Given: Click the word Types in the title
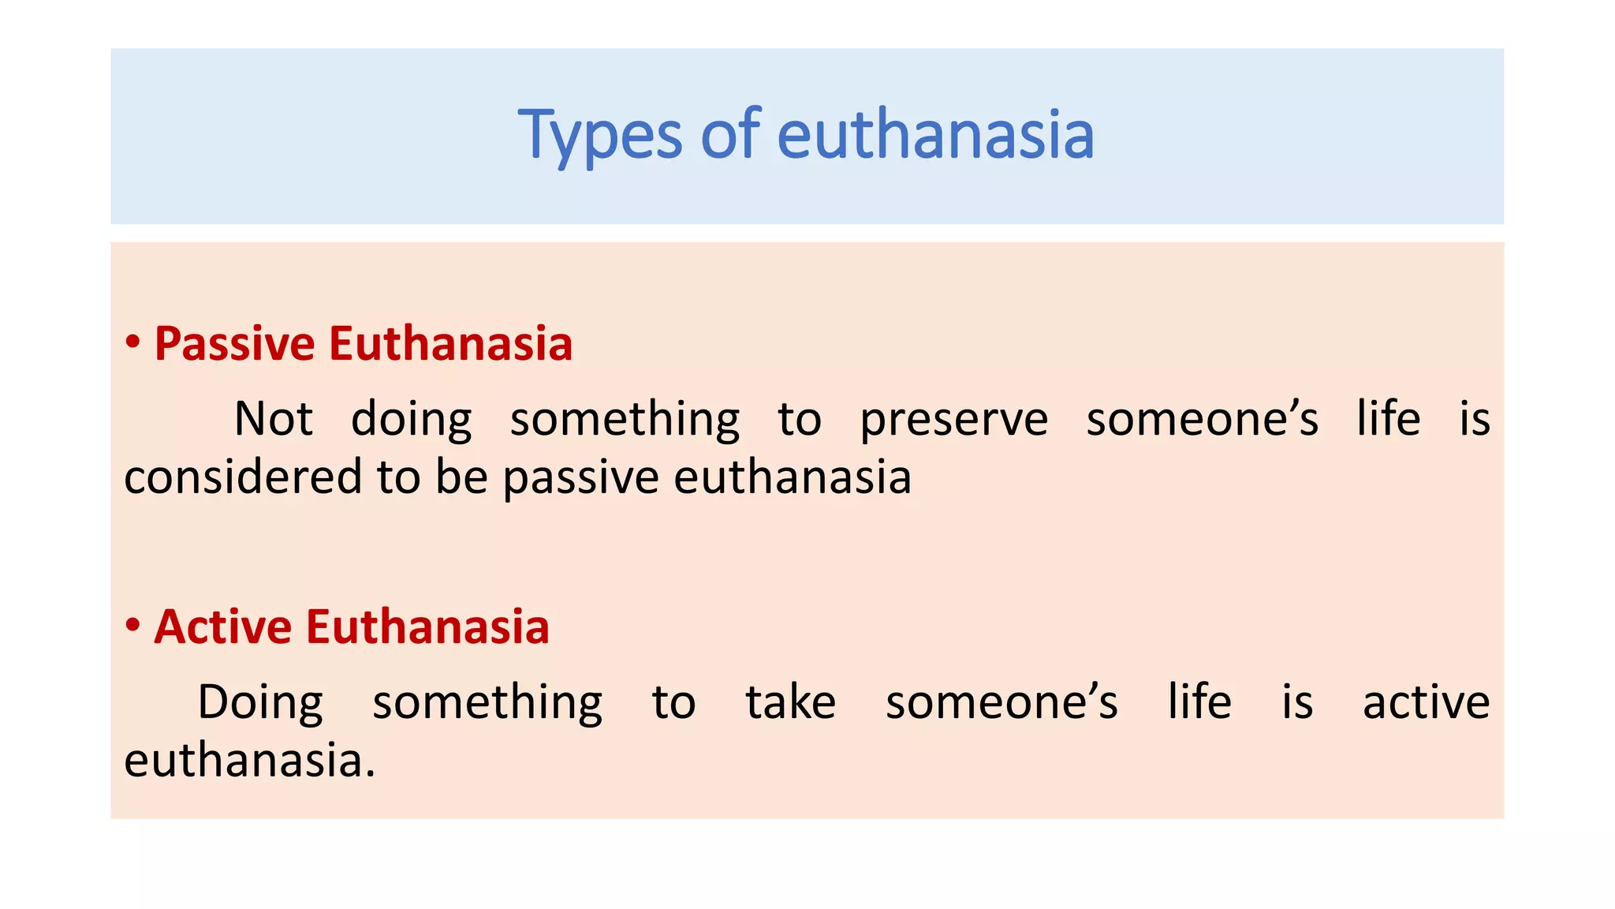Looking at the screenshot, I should click(x=599, y=136).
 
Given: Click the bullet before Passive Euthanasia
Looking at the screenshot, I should click(x=132, y=343).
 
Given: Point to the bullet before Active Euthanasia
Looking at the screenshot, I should click(x=132, y=626).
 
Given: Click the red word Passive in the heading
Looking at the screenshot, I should click(x=234, y=344).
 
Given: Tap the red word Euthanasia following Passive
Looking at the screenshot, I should click(x=450, y=344).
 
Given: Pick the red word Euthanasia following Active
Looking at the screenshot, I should click(x=427, y=627).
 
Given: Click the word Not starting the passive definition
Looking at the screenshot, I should click(x=273, y=418).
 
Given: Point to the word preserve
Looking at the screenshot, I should click(x=953, y=420).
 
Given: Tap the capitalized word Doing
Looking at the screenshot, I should click(x=260, y=702).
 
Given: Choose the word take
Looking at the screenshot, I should click(x=790, y=702).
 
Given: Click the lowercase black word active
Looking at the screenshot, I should click(x=1426, y=702).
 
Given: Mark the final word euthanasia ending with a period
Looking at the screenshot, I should click(x=249, y=761).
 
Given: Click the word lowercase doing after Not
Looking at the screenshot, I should click(x=411, y=420).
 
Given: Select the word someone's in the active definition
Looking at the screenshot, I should click(x=1001, y=702).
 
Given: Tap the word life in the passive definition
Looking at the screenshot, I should click(x=1388, y=418).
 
